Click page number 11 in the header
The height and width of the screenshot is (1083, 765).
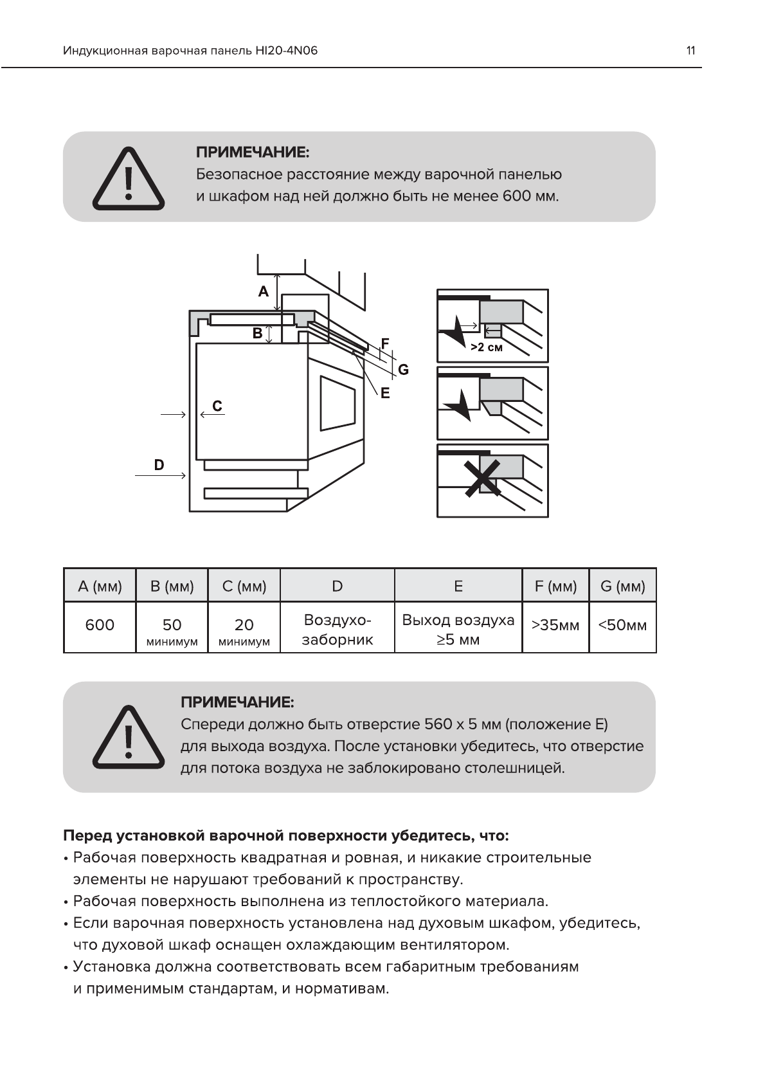(x=690, y=51)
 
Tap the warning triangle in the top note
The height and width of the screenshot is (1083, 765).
(x=129, y=178)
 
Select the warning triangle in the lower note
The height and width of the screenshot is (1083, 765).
(x=129, y=737)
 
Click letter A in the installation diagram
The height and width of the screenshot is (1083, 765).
(x=263, y=292)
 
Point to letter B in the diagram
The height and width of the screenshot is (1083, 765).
(x=257, y=333)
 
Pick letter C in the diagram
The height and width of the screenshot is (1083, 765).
(x=217, y=406)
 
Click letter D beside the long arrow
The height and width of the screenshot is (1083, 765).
(x=159, y=464)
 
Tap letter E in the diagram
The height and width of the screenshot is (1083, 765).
(x=385, y=393)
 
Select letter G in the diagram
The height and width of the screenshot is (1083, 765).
(x=403, y=370)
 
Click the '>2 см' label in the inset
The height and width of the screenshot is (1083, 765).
(x=487, y=347)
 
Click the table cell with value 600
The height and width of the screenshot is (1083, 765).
(x=100, y=625)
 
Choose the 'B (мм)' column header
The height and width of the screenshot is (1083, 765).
(x=172, y=586)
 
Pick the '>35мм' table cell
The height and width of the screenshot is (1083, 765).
(x=555, y=625)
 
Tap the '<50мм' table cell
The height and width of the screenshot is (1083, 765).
(x=622, y=625)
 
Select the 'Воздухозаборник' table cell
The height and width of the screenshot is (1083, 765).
(x=337, y=630)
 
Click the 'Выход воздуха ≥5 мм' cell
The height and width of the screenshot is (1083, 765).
(x=458, y=630)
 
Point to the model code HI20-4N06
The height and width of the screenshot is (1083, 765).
(x=287, y=51)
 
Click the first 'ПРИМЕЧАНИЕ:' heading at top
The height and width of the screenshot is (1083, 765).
(x=253, y=152)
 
